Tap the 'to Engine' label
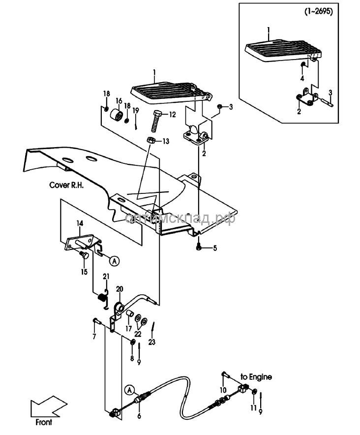(256, 377)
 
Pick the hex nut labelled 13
(152, 141)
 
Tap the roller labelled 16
(118, 116)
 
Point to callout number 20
(120, 289)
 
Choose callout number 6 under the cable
(139, 416)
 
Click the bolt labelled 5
(198, 247)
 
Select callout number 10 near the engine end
(223, 390)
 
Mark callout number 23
(151, 342)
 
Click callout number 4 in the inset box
(302, 79)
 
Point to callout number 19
(136, 109)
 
